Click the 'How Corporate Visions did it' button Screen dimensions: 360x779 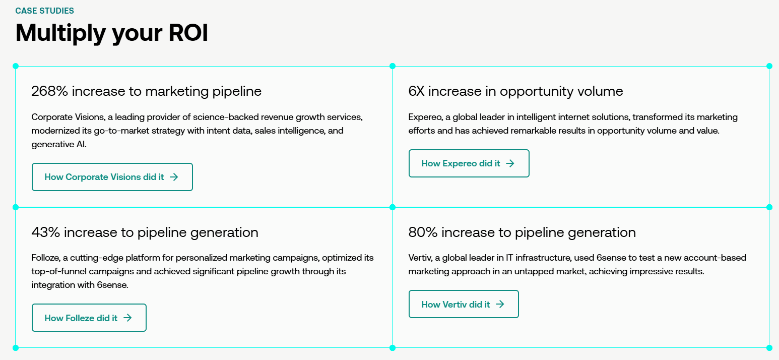click(x=112, y=177)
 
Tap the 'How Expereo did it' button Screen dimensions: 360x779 click(x=469, y=163)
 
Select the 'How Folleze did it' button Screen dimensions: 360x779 click(x=89, y=318)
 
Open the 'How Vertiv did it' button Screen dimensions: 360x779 click(x=463, y=304)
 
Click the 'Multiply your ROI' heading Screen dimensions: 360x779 click(x=112, y=33)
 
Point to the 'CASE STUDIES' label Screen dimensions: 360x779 click(x=45, y=11)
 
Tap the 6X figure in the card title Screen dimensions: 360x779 click(x=417, y=91)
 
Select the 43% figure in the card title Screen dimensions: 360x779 click(x=46, y=232)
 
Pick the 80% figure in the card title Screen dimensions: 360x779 click(x=423, y=232)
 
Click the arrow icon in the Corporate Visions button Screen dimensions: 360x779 click(x=174, y=177)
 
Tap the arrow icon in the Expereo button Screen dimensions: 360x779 click(x=510, y=163)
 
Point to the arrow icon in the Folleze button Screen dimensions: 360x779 click(x=127, y=318)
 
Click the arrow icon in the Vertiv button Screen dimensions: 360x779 click(x=500, y=304)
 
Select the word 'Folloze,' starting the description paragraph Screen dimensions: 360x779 click(x=46, y=258)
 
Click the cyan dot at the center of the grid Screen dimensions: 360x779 click(x=393, y=207)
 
